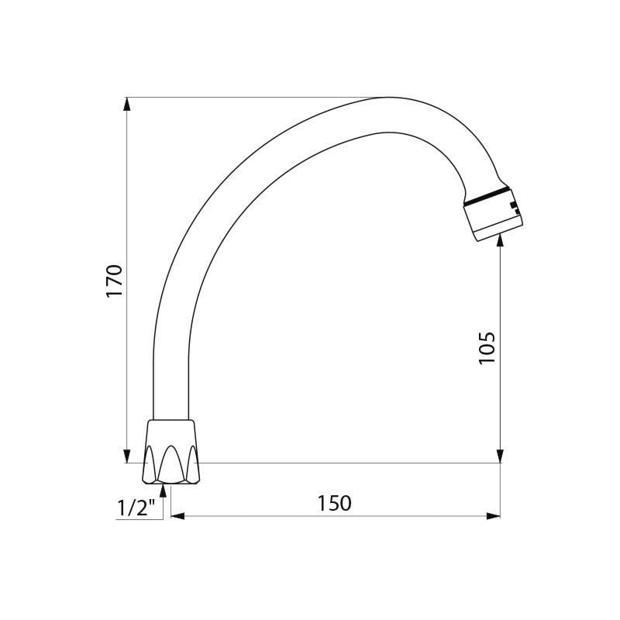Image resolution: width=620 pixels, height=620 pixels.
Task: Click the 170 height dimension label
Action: (115, 281)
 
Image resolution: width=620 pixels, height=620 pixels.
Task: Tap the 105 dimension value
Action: (487, 348)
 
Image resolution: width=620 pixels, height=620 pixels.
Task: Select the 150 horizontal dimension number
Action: (335, 503)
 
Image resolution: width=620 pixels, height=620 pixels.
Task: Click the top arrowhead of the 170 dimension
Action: (126, 104)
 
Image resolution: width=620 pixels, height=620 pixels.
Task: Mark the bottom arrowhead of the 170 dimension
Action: (126, 456)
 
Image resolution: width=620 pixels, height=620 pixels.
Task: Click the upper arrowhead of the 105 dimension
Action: (500, 240)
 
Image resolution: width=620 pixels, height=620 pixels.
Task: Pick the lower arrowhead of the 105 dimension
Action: (500, 456)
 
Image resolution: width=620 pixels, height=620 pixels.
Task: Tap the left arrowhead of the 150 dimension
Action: (178, 516)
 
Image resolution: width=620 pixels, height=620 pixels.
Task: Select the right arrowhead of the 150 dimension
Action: (493, 516)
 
